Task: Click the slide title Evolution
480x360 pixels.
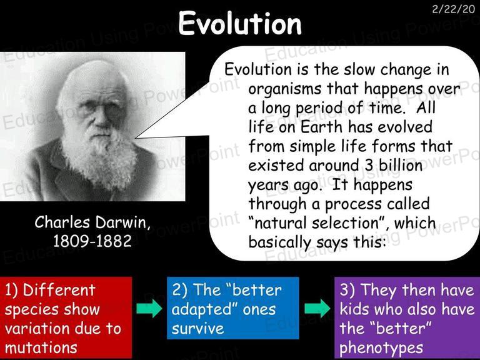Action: (240, 23)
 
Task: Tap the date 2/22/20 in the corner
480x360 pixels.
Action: (454, 9)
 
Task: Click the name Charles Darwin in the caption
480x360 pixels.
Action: (92, 222)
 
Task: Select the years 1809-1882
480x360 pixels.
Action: (92, 241)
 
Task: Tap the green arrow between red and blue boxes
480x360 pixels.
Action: (149, 308)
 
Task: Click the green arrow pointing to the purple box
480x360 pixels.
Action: (317, 308)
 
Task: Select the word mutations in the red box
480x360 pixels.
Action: (41, 347)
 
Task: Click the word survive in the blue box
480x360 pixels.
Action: (197, 329)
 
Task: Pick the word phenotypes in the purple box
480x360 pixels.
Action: (381, 348)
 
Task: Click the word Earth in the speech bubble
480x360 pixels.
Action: (321, 127)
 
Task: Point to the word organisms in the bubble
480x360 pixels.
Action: (285, 89)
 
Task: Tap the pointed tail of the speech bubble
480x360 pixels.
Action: (136, 138)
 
